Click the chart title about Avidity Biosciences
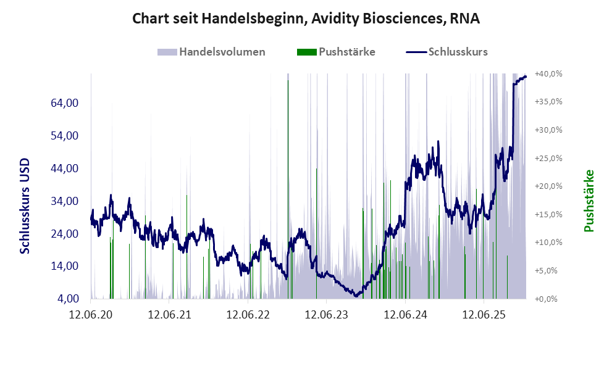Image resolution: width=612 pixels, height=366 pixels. [306, 19]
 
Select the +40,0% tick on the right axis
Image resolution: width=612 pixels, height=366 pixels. [548, 73]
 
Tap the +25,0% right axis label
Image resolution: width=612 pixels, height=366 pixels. [548, 158]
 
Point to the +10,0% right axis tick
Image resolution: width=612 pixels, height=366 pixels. [548, 243]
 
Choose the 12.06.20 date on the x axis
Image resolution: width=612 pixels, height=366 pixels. [91, 315]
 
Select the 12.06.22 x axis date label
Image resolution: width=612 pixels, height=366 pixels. [248, 315]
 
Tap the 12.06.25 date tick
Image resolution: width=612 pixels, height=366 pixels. [484, 315]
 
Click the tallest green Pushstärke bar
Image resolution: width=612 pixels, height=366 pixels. [288, 185]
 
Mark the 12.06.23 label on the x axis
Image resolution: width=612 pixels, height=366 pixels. [327, 315]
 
